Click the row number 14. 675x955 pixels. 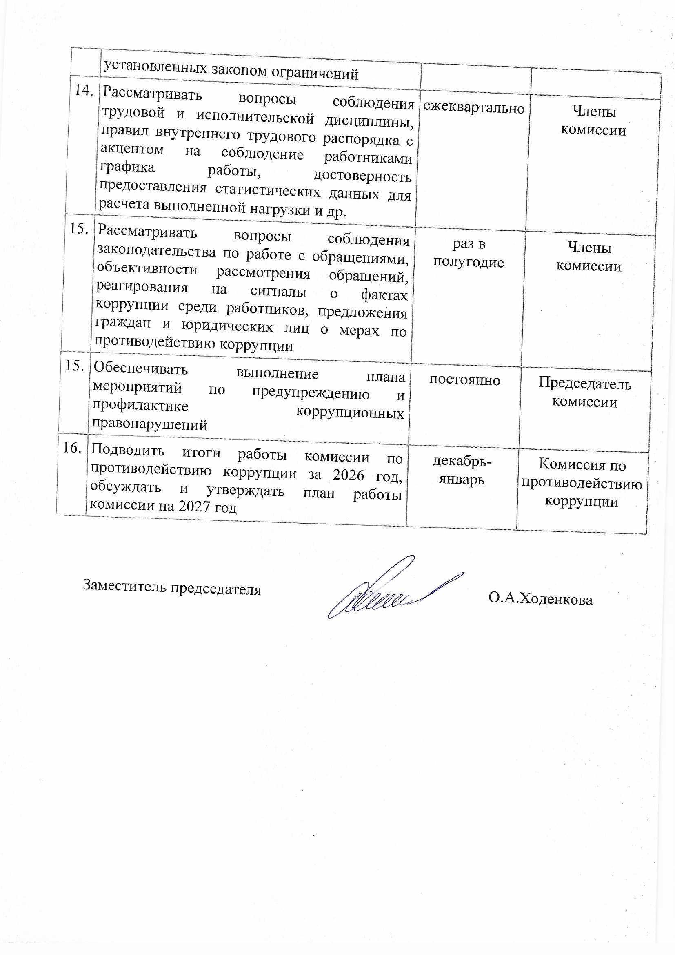(x=84, y=91)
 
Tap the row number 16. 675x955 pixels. (x=72, y=448)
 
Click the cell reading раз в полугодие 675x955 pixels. (x=469, y=253)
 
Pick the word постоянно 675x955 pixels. (x=465, y=380)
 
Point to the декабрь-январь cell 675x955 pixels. (x=462, y=471)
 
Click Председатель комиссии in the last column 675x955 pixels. (x=585, y=393)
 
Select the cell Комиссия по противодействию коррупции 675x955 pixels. (x=582, y=483)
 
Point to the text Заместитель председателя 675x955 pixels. (x=172, y=587)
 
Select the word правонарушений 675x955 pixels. (x=150, y=424)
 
